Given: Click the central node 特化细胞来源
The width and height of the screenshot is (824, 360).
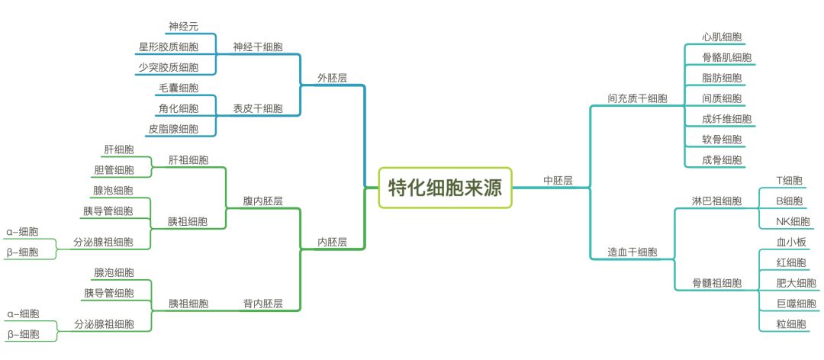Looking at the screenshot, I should point(446,187).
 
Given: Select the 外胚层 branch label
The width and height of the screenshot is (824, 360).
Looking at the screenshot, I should point(332,77).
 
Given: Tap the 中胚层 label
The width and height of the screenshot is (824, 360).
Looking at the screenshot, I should point(558,181).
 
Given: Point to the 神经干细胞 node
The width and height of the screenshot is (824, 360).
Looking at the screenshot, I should point(257,47).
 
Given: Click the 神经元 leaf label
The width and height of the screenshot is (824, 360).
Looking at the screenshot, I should point(183,27).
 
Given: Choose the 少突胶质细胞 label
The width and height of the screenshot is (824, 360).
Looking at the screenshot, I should point(168,67).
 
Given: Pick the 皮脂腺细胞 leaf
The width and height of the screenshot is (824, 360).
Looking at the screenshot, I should point(173,129).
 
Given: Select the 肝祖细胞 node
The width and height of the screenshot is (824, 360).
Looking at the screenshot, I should point(188,160).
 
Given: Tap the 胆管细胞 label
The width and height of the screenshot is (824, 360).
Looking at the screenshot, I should point(114,170).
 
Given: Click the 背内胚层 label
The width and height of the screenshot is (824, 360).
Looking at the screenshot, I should point(263,304).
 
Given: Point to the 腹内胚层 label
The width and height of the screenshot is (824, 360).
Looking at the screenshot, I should point(263,201).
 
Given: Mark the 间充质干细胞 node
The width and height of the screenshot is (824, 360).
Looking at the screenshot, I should point(637,98).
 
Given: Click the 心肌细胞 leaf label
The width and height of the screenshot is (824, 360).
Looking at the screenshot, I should point(723,37).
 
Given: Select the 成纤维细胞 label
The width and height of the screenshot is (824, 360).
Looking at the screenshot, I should point(726,119).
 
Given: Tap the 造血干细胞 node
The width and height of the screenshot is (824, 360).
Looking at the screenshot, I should point(632,252).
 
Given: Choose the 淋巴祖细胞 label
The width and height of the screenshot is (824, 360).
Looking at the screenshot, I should point(716,201).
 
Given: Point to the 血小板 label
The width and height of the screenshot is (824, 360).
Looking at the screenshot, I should point(791,243).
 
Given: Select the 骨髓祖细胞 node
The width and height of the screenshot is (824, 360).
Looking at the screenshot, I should point(716,283).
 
